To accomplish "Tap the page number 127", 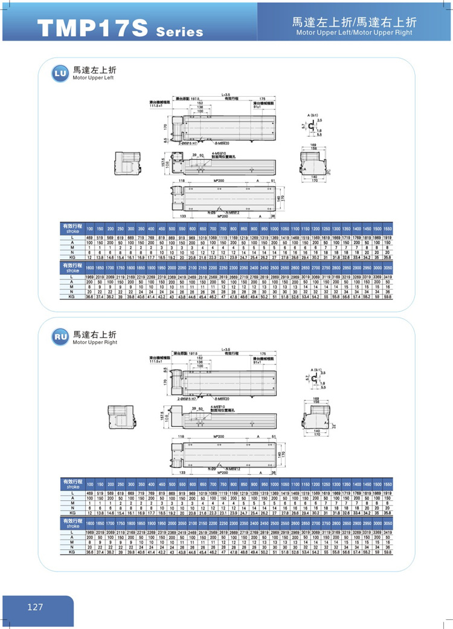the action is (x=35, y=606).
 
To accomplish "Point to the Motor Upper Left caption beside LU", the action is (x=93, y=79).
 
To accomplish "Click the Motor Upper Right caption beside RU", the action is (x=95, y=342).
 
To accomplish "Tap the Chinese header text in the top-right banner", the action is (x=355, y=22).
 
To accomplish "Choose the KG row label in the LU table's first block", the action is (x=71, y=258).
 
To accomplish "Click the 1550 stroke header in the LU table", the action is (x=388, y=230).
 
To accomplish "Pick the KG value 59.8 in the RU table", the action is (x=388, y=552).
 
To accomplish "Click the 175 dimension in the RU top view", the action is (x=262, y=354).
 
